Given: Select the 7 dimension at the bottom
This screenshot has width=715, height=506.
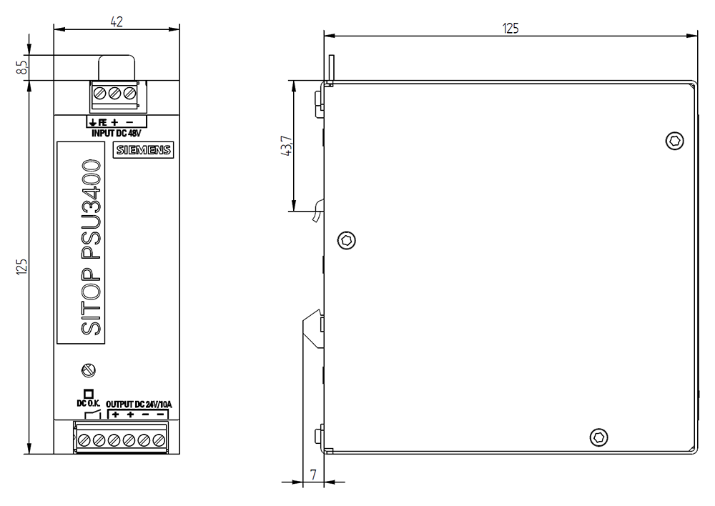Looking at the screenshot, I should [x=312, y=474].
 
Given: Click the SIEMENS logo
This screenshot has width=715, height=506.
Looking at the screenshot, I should [x=144, y=150].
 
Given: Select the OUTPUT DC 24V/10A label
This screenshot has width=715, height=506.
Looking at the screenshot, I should [x=139, y=403].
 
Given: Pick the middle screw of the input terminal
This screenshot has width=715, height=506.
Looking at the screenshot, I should [x=116, y=94].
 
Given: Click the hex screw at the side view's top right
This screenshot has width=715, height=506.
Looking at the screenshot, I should [x=674, y=141].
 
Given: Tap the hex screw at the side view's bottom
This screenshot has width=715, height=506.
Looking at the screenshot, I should [x=598, y=437].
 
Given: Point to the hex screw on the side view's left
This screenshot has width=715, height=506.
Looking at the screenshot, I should [x=347, y=239].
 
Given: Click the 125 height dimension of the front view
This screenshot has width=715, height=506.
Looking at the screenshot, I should [x=23, y=266].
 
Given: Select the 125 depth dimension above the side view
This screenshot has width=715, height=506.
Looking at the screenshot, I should [x=510, y=29].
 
